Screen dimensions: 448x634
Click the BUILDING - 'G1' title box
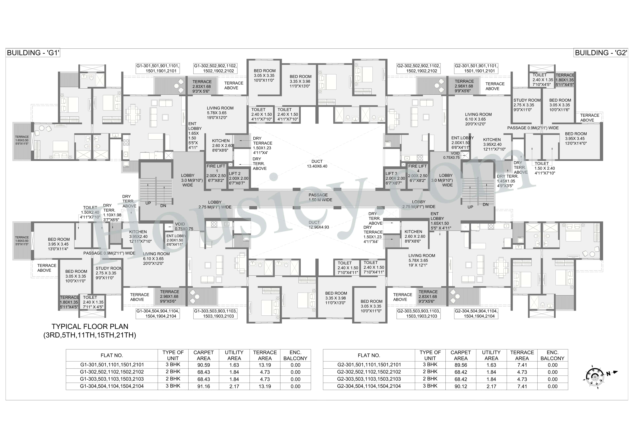[33, 53]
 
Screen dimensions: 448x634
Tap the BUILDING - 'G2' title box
[601, 53]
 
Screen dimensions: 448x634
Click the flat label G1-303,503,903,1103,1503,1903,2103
[215, 314]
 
